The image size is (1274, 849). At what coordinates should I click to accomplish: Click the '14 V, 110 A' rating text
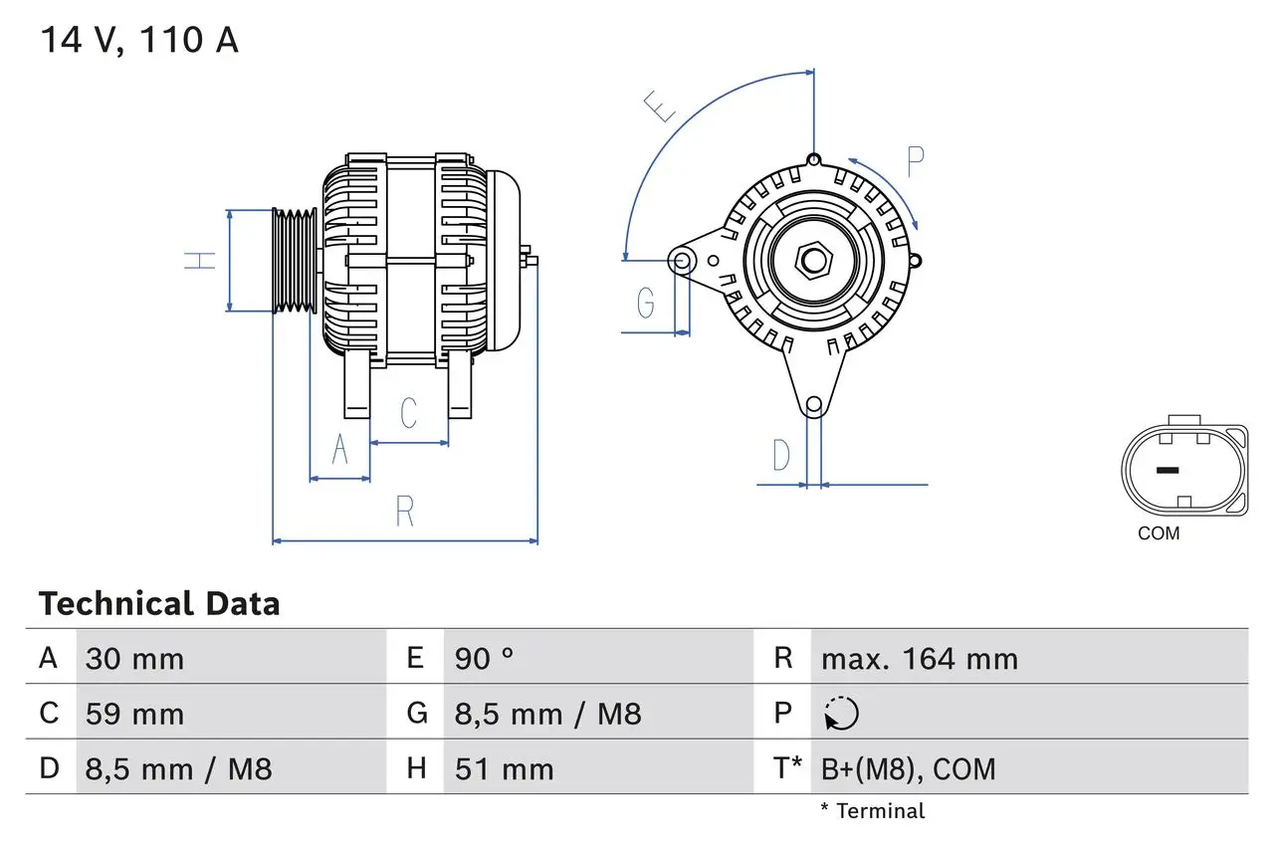click(139, 41)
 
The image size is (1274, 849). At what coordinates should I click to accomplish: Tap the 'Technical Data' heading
click(159, 604)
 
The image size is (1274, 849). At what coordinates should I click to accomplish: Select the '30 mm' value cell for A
click(134, 659)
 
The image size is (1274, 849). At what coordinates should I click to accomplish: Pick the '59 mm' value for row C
click(134, 714)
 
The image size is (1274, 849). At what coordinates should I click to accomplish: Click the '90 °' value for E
click(484, 659)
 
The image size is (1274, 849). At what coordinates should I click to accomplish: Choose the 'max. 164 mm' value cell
click(919, 659)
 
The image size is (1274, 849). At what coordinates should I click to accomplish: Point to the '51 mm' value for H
click(504, 768)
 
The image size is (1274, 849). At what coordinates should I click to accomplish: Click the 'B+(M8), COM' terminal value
click(908, 768)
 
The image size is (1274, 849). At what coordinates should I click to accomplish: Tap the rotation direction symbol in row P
click(841, 714)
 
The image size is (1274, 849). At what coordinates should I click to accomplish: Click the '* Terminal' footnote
click(872, 811)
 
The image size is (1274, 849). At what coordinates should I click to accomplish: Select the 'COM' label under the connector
click(1159, 533)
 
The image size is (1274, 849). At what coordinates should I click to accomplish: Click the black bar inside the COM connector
click(1167, 470)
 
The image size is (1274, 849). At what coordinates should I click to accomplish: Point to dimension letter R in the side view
click(404, 512)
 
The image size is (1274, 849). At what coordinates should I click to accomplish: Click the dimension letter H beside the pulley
click(200, 261)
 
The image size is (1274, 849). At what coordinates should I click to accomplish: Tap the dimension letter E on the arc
click(660, 106)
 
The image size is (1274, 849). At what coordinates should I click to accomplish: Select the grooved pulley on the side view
click(295, 261)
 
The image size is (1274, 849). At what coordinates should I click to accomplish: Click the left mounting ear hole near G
click(682, 261)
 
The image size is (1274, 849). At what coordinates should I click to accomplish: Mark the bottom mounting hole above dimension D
click(813, 404)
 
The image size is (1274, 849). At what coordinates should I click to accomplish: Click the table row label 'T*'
click(786, 768)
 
